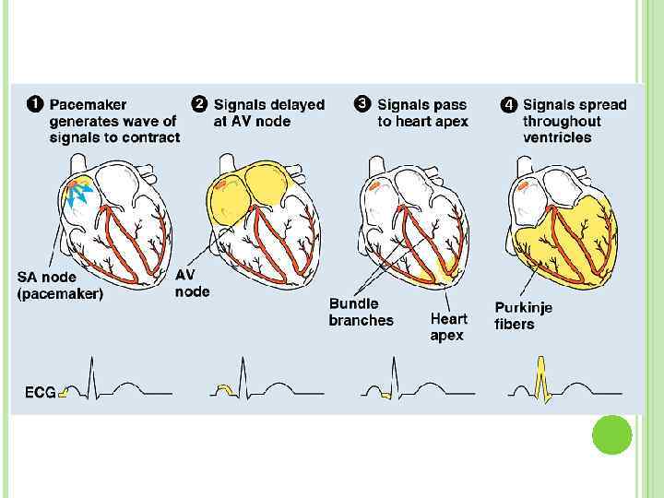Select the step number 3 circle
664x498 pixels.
click(x=362, y=104)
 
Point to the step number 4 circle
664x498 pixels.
click(x=508, y=104)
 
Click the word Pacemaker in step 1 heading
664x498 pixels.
click(x=89, y=105)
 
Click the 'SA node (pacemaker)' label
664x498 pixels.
click(x=60, y=285)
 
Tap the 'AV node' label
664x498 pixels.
click(x=192, y=283)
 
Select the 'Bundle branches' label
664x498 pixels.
click(x=361, y=312)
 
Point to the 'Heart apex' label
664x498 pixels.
click(x=448, y=326)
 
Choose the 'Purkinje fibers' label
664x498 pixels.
click(x=523, y=315)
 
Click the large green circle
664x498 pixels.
click(x=611, y=433)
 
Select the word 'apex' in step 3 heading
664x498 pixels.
click(x=450, y=122)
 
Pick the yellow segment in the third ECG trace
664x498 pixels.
click(x=386, y=395)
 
